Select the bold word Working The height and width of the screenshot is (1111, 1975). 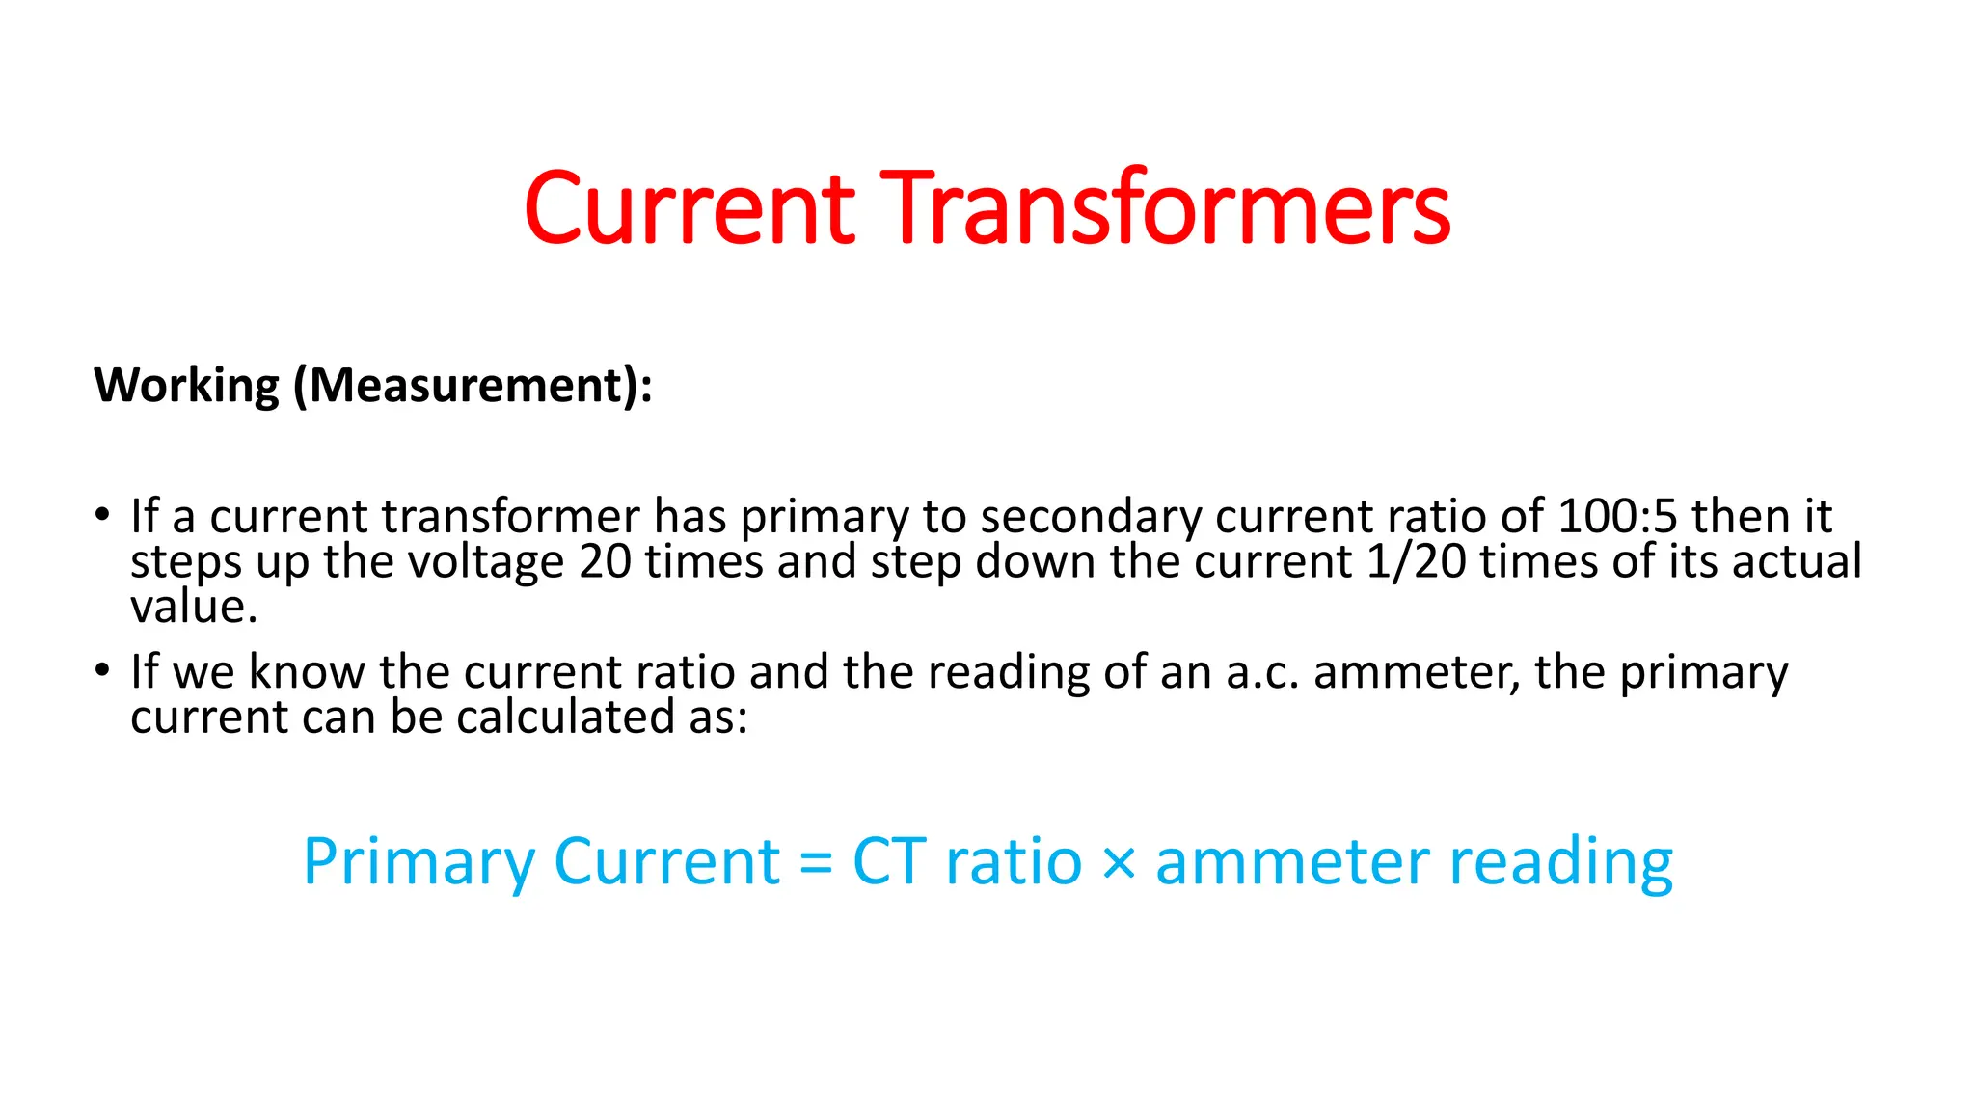point(186,386)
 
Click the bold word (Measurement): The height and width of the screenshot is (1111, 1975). point(473,386)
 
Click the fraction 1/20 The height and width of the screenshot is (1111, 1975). point(1416,561)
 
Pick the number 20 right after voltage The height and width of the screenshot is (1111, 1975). point(605,561)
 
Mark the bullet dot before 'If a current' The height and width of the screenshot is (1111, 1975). point(102,514)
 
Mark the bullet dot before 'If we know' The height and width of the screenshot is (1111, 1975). point(102,670)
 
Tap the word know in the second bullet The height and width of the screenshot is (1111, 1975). point(307,672)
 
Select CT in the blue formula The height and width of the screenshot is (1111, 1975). point(890,861)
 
